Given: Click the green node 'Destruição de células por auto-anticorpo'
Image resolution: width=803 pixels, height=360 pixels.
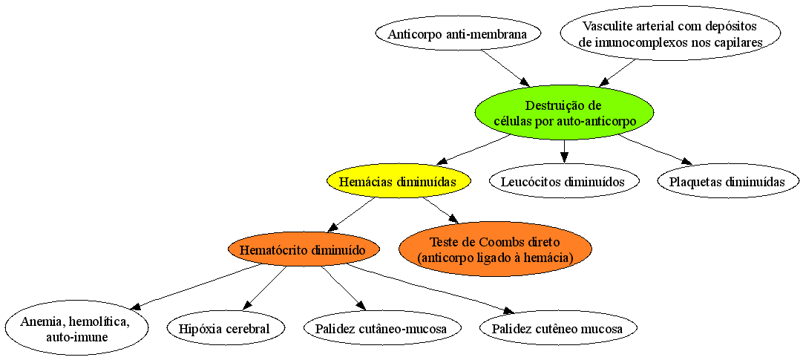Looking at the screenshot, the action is coord(564,114).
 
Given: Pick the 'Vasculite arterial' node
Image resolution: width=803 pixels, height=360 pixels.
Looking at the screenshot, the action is coord(671,35).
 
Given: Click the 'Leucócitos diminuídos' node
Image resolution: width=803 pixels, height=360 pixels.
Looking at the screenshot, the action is coord(564,181).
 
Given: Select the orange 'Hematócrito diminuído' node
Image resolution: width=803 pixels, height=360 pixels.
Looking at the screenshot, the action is coord(304,250).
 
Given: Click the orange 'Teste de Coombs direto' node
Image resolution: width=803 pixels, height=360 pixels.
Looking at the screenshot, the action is coord(495,249).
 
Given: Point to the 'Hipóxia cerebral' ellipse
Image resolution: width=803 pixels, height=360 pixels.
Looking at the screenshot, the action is coord(226,329).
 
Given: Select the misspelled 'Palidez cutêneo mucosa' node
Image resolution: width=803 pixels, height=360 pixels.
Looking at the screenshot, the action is coord(557,329).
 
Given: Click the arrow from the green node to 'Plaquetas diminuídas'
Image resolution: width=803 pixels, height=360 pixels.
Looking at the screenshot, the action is coord(653,151).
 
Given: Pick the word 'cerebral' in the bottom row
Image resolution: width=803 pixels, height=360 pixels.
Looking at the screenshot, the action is coord(251,329).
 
